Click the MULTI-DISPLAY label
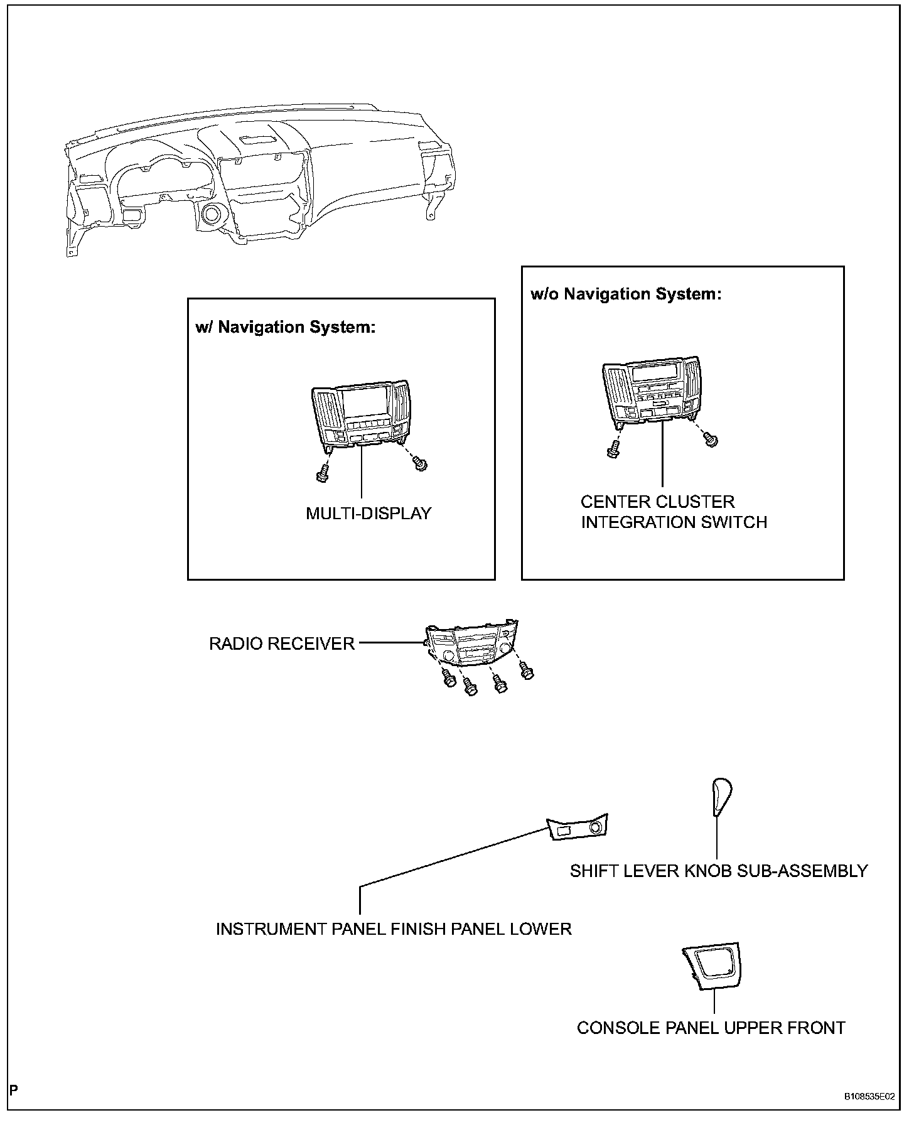coord(368,514)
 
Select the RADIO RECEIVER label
coord(282,644)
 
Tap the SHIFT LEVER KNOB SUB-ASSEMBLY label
coord(719,871)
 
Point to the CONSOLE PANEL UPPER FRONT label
coord(711,1028)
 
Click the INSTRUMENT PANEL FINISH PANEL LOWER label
coord(394,929)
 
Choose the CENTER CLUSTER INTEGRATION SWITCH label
coord(674,512)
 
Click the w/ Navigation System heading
coord(286,327)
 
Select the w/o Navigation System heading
coord(626,294)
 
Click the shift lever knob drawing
coord(722,796)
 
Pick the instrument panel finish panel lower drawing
coord(578,828)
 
